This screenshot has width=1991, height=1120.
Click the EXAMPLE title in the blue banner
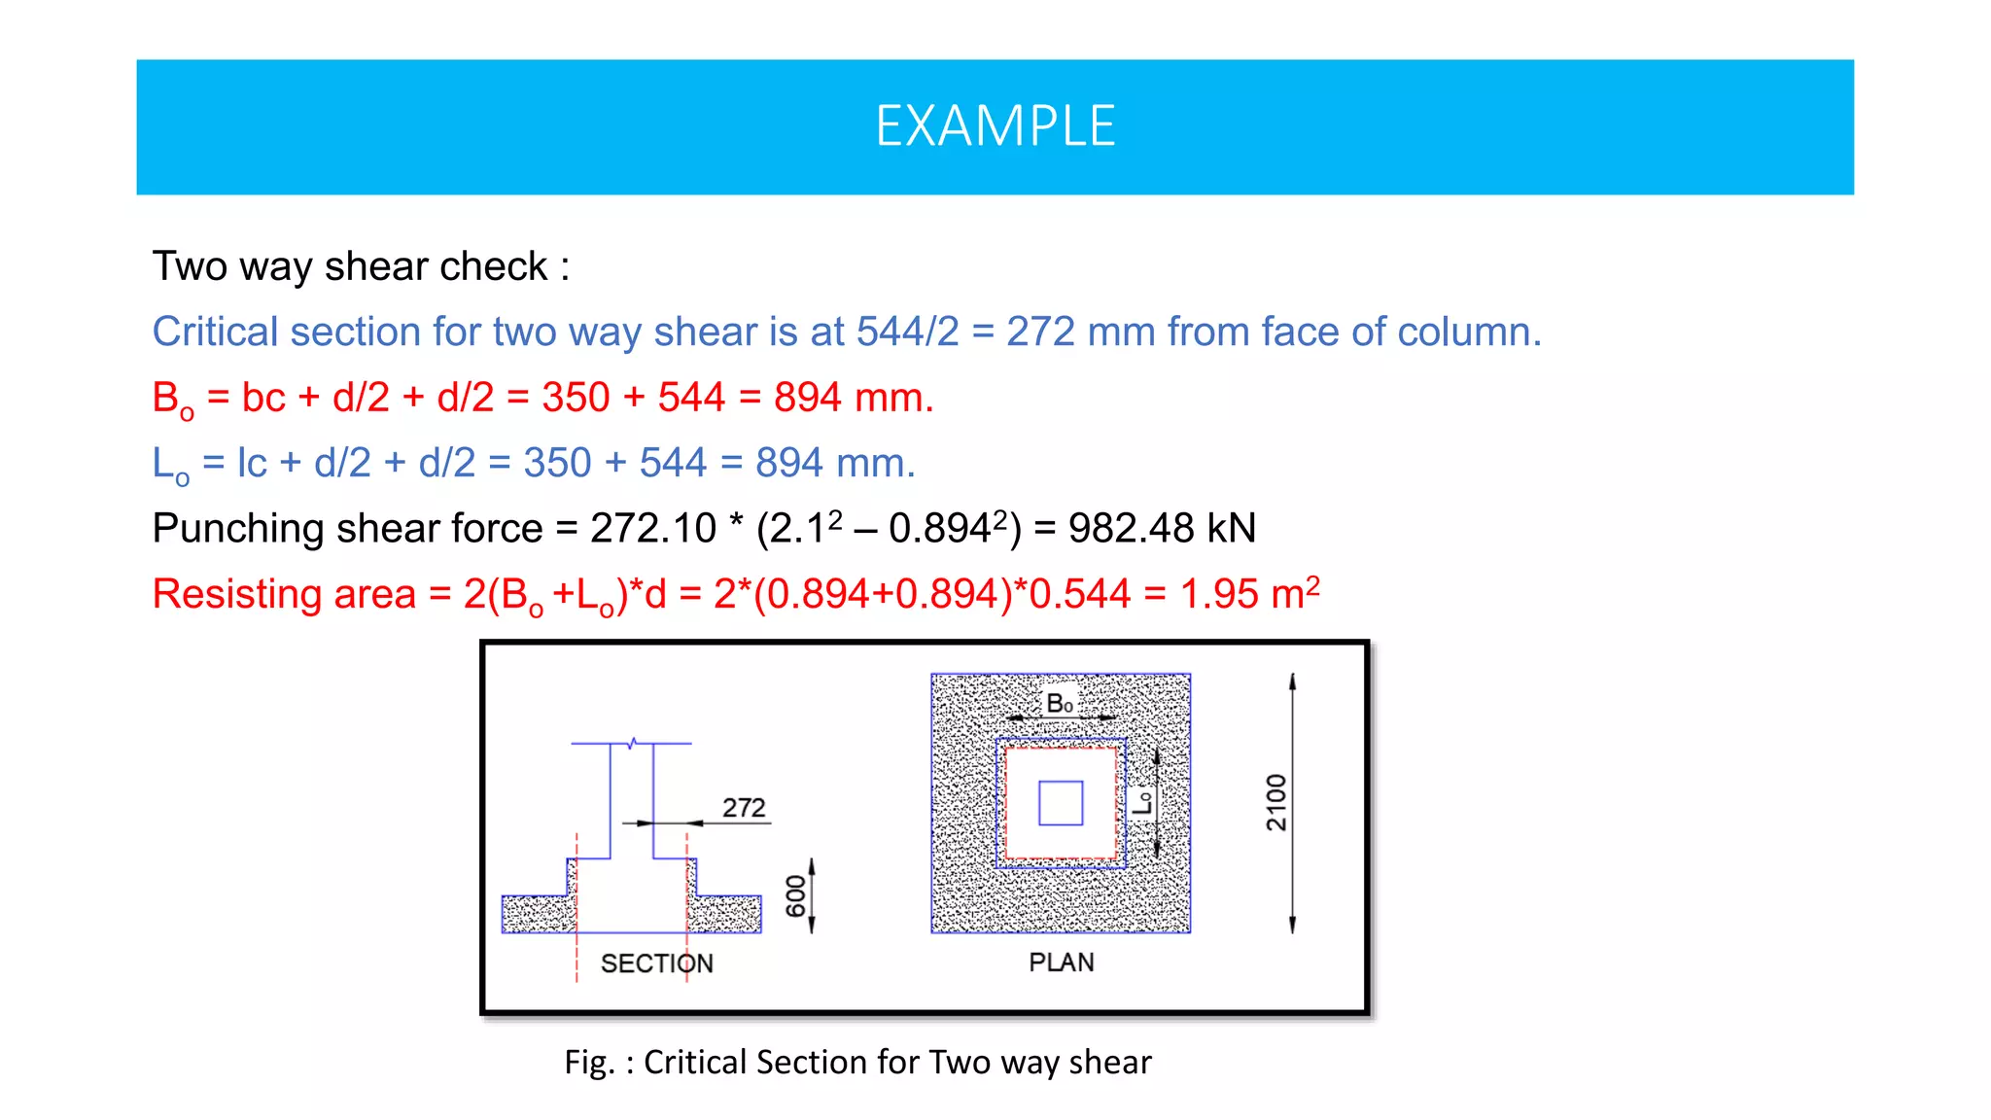pyautogui.click(x=995, y=126)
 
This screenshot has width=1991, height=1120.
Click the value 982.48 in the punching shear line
pyautogui.click(x=1131, y=529)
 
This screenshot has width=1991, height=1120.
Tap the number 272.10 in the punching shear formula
pyautogui.click(x=652, y=529)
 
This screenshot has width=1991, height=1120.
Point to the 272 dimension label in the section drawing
pyautogui.click(x=744, y=808)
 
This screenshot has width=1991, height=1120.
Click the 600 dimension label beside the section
pyautogui.click(x=796, y=895)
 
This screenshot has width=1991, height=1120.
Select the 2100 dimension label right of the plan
pyautogui.click(x=1276, y=802)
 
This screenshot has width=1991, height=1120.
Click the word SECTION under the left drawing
pyautogui.click(x=656, y=963)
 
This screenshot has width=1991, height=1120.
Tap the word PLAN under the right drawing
pyautogui.click(x=1062, y=962)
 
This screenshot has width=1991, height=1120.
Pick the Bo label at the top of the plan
pyautogui.click(x=1060, y=703)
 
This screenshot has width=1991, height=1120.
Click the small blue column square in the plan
pyautogui.click(x=1061, y=803)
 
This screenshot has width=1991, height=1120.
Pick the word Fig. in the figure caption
pyautogui.click(x=588, y=1062)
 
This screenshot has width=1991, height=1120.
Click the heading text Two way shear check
pyautogui.click(x=350, y=266)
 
